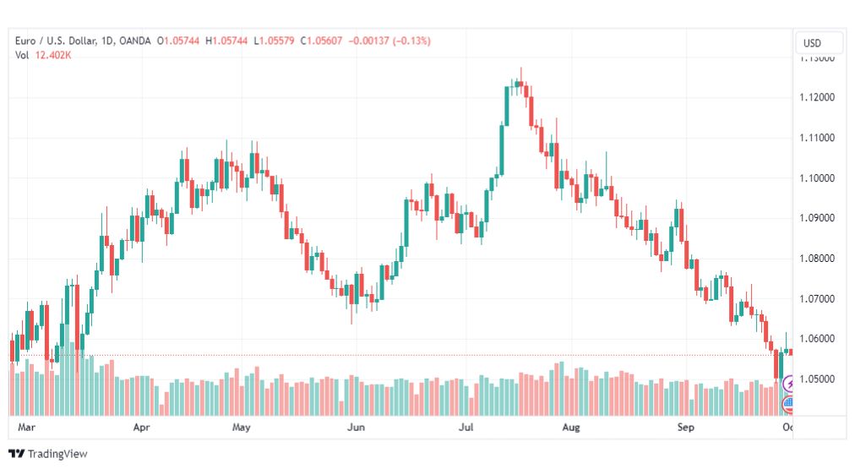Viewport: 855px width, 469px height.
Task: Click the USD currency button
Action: pos(813,43)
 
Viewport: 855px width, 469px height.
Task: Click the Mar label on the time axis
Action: pos(26,428)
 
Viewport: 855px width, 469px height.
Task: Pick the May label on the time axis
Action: pos(242,428)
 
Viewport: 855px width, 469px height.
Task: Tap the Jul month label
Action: pos(466,428)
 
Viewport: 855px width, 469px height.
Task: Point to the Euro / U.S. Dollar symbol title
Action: pos(53,41)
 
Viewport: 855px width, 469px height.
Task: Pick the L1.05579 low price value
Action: pos(275,41)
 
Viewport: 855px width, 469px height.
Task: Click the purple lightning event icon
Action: pos(790,384)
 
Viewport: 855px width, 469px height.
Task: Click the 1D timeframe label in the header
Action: pos(106,41)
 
